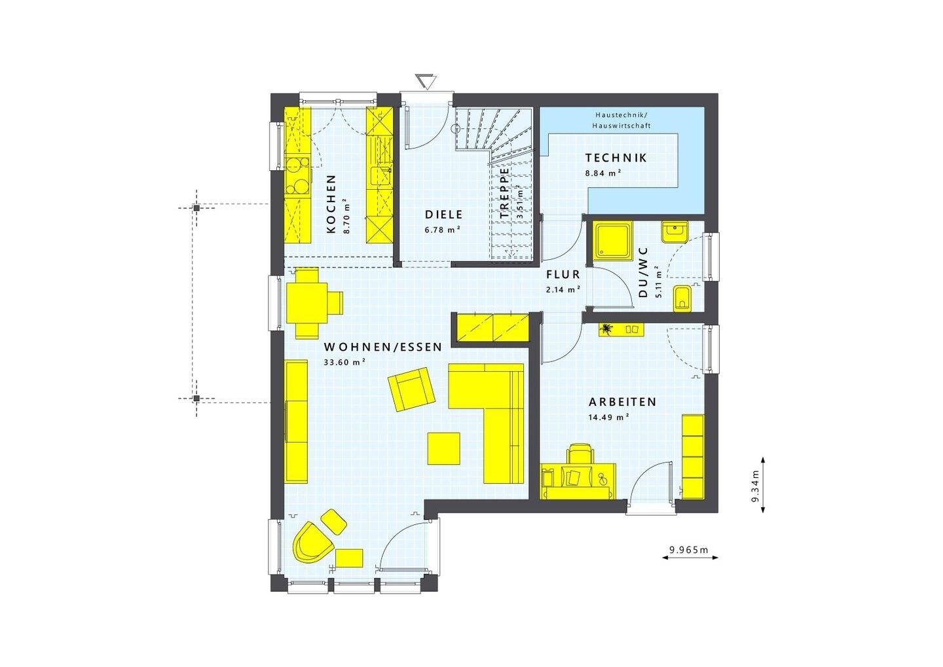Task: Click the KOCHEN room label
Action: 331,204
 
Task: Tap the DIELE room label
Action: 443,215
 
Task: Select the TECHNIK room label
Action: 616,158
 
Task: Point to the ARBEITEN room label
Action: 621,402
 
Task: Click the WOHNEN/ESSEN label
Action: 383,348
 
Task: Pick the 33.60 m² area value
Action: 344,362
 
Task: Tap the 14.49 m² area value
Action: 608,416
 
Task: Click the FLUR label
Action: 563,275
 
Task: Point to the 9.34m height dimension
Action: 754,485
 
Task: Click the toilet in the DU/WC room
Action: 682,299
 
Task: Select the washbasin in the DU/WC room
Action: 674,232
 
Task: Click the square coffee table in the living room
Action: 444,448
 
